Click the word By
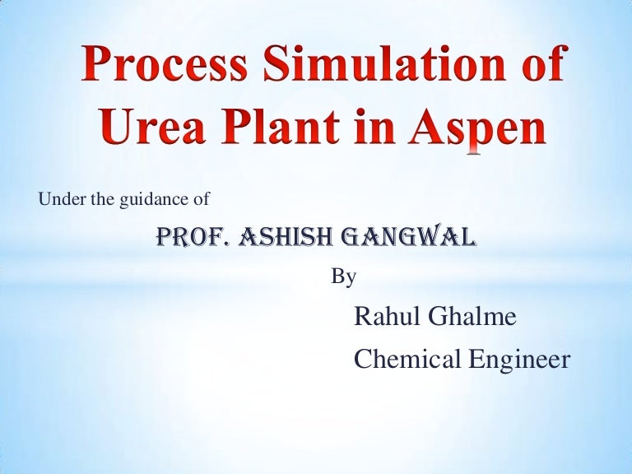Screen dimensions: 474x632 342,277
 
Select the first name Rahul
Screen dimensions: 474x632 384,316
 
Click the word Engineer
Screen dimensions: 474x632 516,360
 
